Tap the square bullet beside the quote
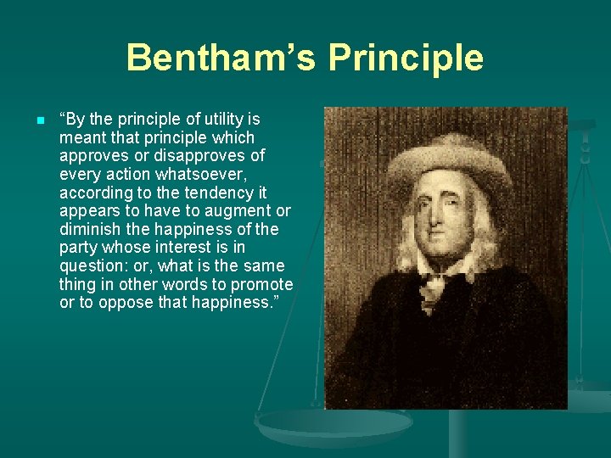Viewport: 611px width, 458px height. [x=40, y=120]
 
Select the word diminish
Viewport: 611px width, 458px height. [x=90, y=229]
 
